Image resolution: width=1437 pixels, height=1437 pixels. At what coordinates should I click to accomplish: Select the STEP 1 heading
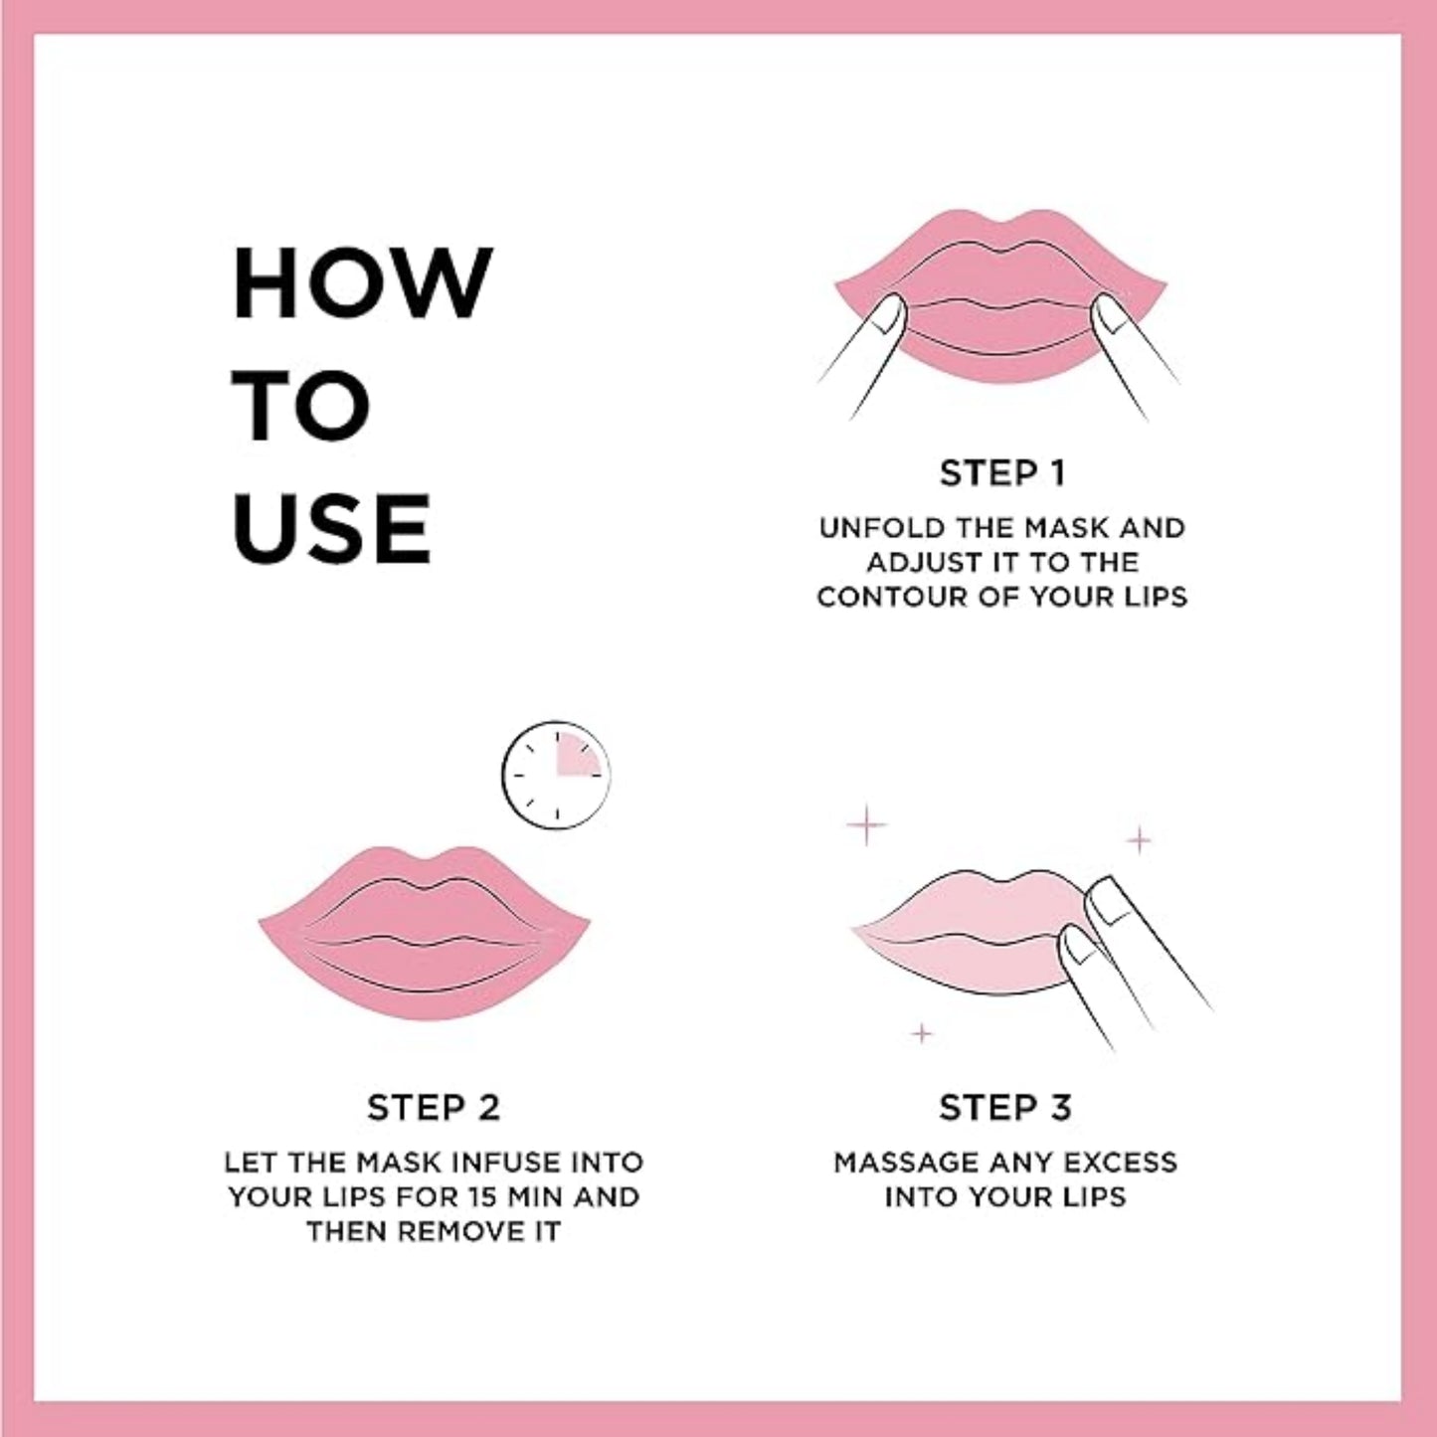1002,473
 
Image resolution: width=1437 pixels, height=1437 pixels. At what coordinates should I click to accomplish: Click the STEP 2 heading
434,1108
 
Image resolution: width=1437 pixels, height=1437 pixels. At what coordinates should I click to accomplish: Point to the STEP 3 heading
1005,1108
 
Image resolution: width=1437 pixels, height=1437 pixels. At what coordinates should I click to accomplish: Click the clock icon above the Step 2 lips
556,775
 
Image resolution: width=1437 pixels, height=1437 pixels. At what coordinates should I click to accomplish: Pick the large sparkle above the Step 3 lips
867,824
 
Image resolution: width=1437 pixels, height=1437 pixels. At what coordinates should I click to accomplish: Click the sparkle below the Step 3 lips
923,1033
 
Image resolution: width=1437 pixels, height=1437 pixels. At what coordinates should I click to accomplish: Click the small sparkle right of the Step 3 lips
1139,840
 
